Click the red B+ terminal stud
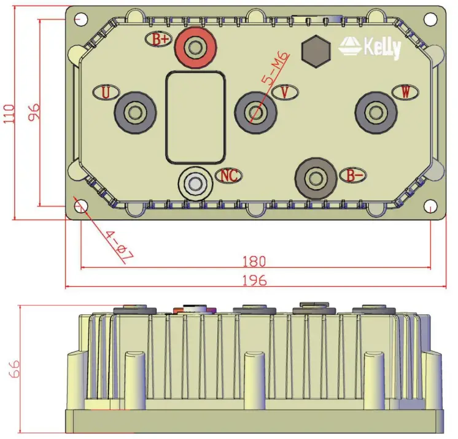(196, 48)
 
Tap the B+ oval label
(160, 40)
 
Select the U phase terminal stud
(134, 113)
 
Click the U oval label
(106, 93)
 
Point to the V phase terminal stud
(255, 112)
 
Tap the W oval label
(405, 92)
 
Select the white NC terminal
(195, 183)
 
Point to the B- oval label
(354, 176)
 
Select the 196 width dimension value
(254, 281)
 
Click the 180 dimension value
(254, 261)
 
